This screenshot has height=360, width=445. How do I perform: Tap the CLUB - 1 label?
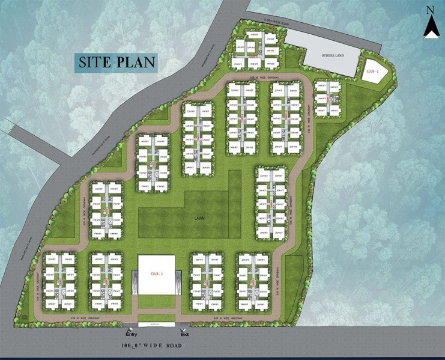click(157, 273)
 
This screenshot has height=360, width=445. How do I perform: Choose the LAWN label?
click(201, 219)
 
